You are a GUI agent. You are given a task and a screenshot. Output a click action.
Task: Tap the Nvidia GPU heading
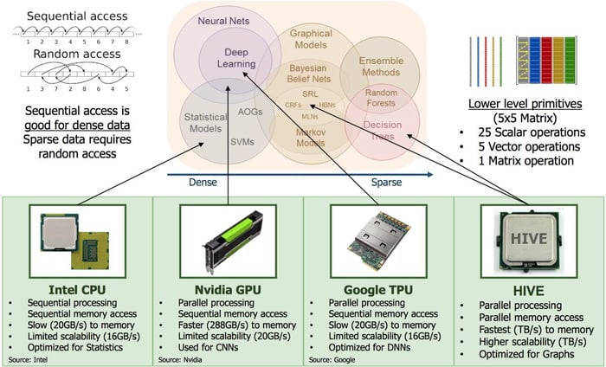point(228,287)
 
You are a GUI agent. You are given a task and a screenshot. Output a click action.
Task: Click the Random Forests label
point(381,99)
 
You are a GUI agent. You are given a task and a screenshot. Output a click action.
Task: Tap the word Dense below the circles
point(201,183)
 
